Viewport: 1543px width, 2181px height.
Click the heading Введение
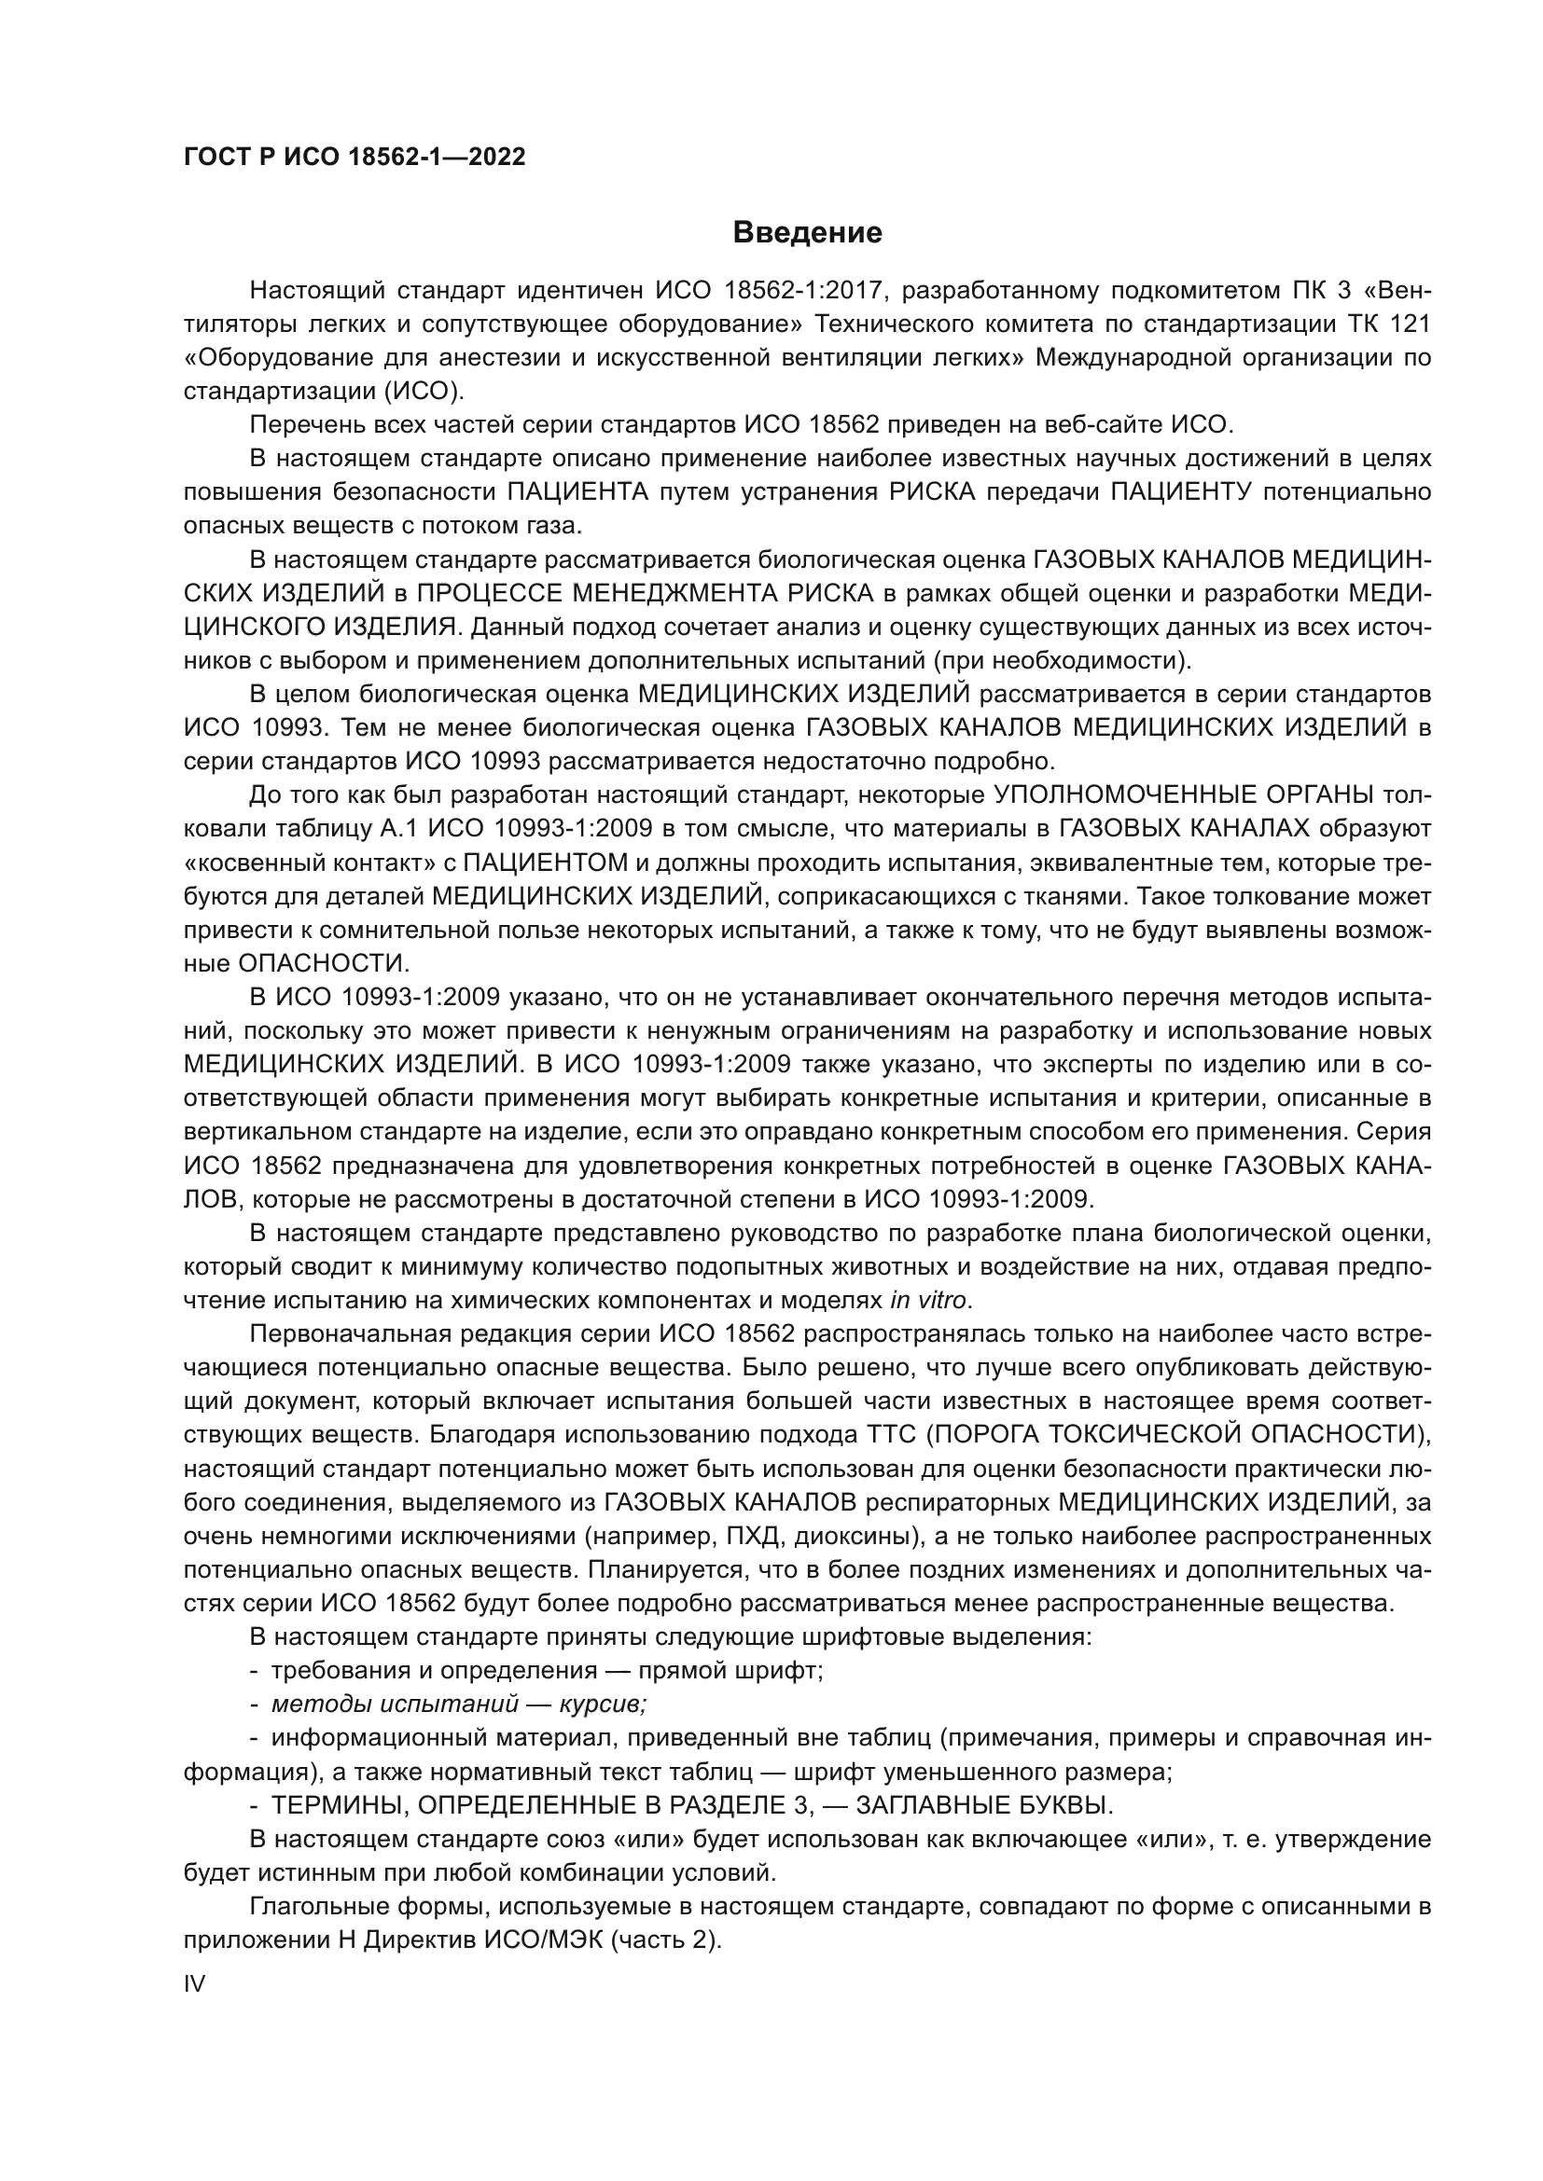(x=807, y=233)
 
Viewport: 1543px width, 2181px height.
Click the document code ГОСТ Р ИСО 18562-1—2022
(x=354, y=158)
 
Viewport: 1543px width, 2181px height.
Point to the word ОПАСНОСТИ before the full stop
(x=320, y=963)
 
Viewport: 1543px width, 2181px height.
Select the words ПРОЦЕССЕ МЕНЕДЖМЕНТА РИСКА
(x=646, y=594)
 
